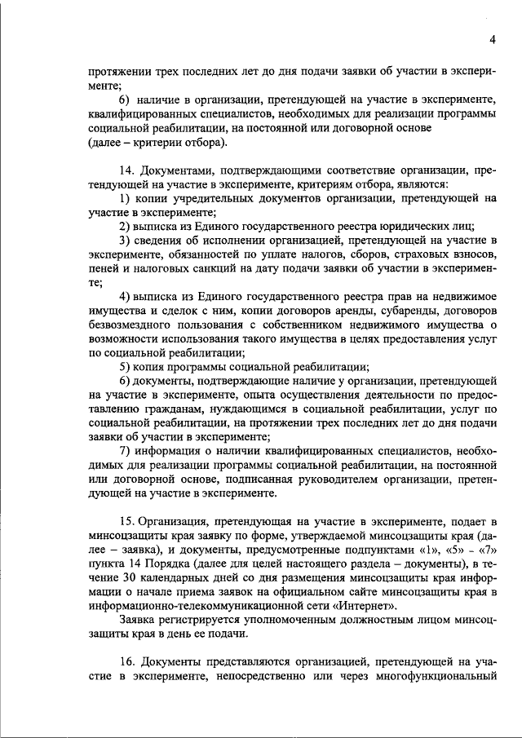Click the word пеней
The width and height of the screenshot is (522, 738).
coord(105,268)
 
